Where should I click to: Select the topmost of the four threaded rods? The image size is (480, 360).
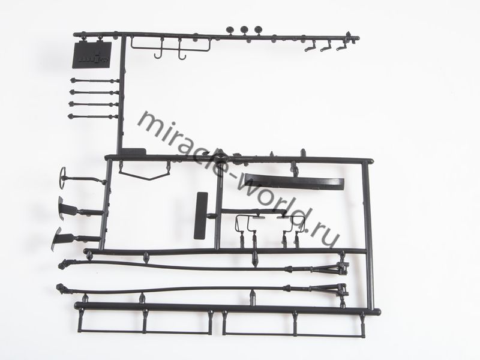[94, 80]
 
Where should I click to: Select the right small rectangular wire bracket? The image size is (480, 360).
[290, 224]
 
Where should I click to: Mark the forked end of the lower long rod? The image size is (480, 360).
[337, 291]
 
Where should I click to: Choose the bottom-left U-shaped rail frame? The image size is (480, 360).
[145, 324]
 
